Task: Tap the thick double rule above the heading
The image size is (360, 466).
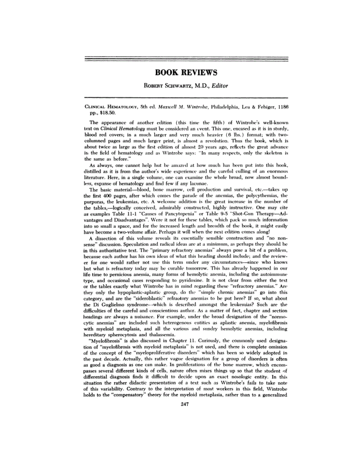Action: (x=186, y=60)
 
